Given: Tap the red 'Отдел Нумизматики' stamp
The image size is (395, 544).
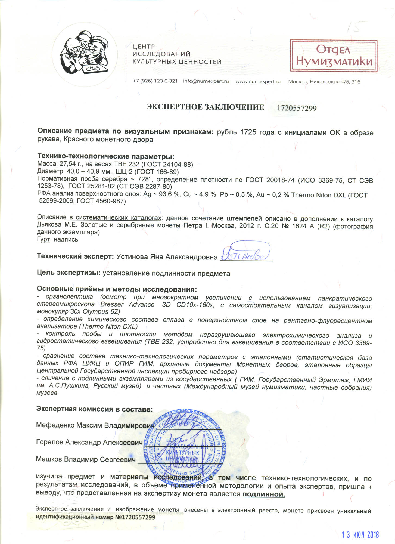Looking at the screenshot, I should (334, 56).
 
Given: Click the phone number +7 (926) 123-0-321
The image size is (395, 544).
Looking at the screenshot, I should (155, 81).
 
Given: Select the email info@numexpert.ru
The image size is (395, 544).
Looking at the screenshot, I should (206, 81).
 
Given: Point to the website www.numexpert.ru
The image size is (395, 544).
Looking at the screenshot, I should (258, 81).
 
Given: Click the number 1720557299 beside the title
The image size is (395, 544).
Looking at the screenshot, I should (297, 108).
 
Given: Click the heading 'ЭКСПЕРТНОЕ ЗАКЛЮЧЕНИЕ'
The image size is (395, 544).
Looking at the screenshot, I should (205, 107).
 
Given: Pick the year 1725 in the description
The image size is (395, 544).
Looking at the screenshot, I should (248, 132).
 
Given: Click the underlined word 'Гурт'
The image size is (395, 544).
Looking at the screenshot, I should (43, 240).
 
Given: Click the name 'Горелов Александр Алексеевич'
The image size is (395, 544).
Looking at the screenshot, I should (89, 442).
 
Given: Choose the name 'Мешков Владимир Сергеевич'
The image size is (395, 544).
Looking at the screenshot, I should (86, 459).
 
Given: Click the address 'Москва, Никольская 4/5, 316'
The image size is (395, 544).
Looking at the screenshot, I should (324, 82).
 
